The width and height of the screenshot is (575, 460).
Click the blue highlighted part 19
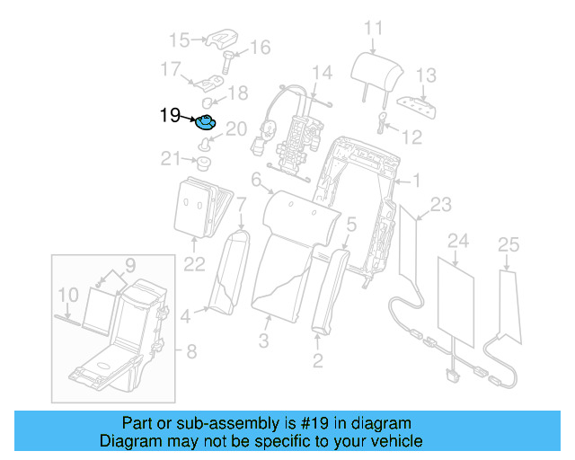click(206, 122)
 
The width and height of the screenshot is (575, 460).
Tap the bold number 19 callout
click(170, 115)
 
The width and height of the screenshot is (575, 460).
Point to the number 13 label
click(426, 75)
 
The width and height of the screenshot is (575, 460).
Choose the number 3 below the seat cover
click(263, 341)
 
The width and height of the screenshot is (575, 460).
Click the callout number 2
click(317, 362)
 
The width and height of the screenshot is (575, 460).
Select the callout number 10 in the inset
click(67, 294)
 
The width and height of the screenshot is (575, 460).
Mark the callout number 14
click(322, 72)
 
